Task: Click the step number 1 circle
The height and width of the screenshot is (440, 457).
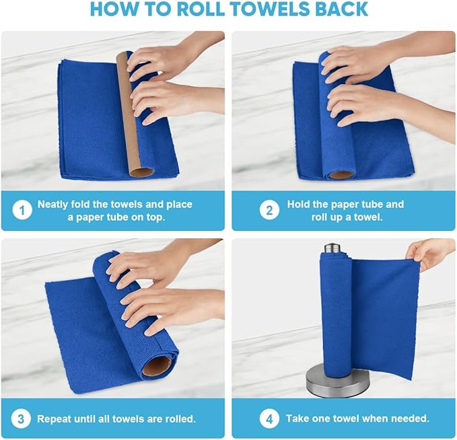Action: tap(22, 211)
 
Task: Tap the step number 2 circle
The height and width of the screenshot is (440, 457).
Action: tap(269, 211)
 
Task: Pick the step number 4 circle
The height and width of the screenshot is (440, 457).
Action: tap(269, 419)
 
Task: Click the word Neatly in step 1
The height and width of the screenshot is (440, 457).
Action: tap(54, 205)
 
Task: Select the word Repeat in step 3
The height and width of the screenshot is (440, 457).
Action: tap(54, 419)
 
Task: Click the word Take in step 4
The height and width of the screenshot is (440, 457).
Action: tap(297, 419)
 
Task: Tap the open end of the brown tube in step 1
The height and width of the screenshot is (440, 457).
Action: tap(141, 171)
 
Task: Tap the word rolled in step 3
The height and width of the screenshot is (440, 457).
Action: tap(180, 419)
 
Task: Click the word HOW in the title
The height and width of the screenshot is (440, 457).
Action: tap(111, 9)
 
